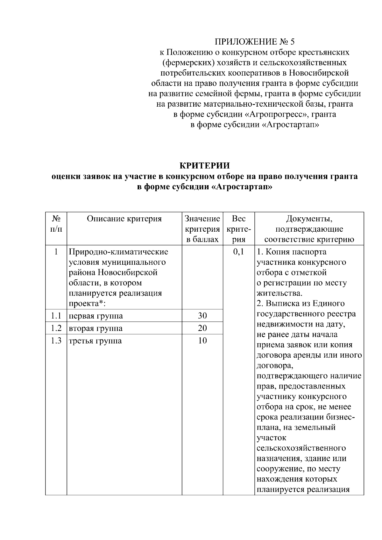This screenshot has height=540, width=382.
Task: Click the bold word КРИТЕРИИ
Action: point(204,166)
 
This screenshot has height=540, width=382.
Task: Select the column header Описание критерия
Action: point(124,219)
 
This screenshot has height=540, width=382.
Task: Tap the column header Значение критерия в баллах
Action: point(202,229)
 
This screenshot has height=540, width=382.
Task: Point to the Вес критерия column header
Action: point(239,229)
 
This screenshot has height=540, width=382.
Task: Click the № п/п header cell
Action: point(56,224)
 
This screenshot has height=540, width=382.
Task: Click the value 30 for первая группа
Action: point(202,316)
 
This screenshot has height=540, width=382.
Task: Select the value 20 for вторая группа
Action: point(202,328)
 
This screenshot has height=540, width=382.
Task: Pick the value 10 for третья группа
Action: point(202,341)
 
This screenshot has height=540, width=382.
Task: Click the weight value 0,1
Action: point(238,252)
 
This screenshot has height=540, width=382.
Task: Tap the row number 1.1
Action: point(56,316)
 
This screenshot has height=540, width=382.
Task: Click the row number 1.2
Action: point(56,328)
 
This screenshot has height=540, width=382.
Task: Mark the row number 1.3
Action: point(56,341)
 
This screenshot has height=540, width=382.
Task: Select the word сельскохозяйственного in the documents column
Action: point(301,448)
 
